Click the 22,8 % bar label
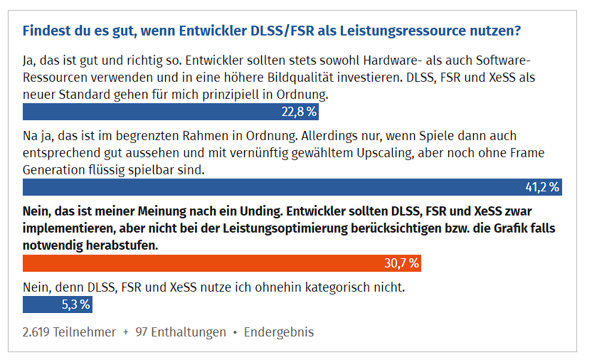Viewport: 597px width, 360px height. click(x=299, y=112)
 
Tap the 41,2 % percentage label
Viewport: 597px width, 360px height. click(x=542, y=188)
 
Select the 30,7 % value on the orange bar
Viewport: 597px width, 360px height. click(x=401, y=263)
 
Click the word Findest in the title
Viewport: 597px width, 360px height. click(x=48, y=31)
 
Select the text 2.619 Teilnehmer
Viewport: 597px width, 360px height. click(x=68, y=332)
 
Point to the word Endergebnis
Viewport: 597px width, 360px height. click(x=279, y=332)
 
